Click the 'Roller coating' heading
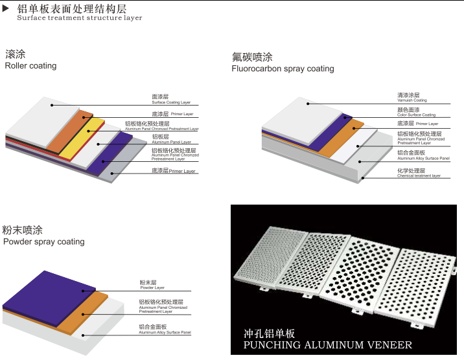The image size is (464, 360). click(30, 65)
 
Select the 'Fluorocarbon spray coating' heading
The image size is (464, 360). click(283, 69)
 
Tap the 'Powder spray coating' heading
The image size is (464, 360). click(44, 242)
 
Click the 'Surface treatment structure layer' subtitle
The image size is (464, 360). click(79, 18)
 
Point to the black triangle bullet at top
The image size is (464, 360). click(6, 8)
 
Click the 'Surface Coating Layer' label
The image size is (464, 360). click(171, 102)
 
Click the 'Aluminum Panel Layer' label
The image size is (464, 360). click(171, 142)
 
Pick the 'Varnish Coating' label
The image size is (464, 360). click(412, 100)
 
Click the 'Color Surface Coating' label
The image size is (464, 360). click(416, 115)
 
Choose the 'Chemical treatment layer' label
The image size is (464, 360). click(419, 175)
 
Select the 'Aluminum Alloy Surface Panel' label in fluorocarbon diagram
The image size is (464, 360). click(423, 158)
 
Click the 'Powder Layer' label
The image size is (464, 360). click(152, 287)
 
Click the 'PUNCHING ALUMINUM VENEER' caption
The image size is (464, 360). click(327, 345)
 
